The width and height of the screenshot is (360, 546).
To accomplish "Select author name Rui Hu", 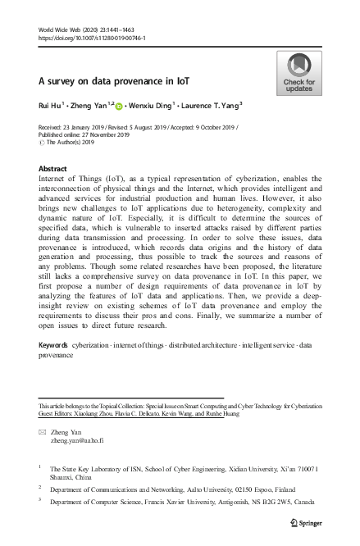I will click(52, 106).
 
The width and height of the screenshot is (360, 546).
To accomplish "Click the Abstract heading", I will click(53, 167).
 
